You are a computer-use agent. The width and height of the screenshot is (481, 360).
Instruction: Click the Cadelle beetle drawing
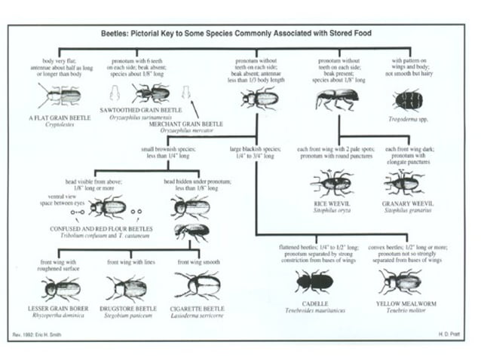(x=313, y=282)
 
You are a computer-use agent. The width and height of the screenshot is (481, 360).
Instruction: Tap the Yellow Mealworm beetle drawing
(x=400, y=281)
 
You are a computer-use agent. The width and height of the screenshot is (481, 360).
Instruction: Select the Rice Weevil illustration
(x=332, y=182)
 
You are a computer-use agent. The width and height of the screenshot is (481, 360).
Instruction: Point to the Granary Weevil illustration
(x=404, y=182)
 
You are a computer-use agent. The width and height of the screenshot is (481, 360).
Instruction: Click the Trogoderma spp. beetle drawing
(x=408, y=99)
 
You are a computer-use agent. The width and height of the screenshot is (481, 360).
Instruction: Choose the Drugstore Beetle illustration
(x=127, y=288)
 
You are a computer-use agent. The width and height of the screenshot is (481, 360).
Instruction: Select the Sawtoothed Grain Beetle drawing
(x=151, y=93)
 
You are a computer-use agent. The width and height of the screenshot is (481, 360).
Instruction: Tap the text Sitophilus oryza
(x=332, y=210)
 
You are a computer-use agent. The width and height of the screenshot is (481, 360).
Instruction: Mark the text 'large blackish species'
(x=256, y=149)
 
